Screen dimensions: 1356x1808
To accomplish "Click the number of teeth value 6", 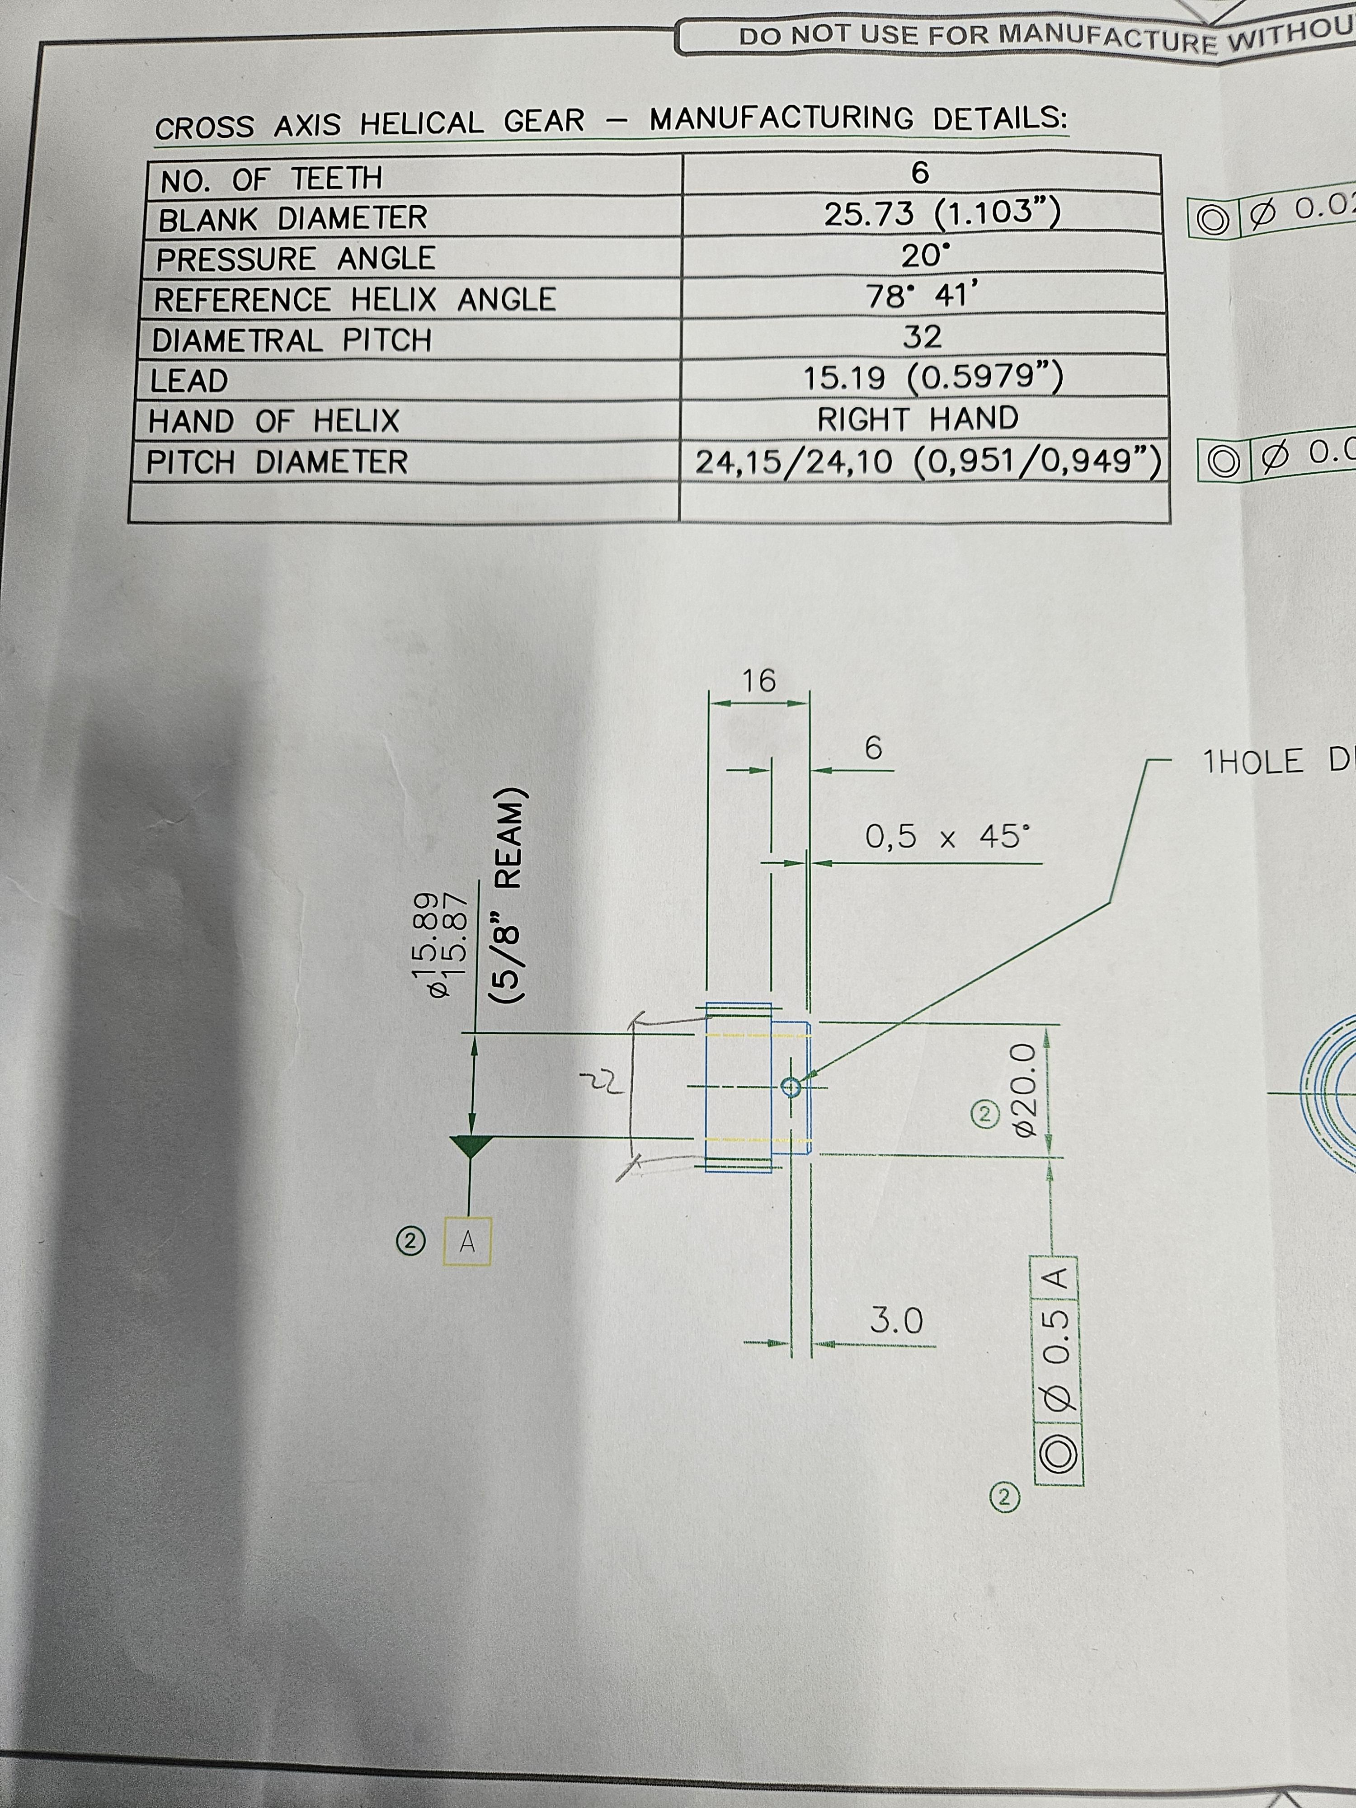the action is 920,173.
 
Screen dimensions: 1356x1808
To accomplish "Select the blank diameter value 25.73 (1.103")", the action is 942,214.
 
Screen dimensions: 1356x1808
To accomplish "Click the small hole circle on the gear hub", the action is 790,1086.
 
